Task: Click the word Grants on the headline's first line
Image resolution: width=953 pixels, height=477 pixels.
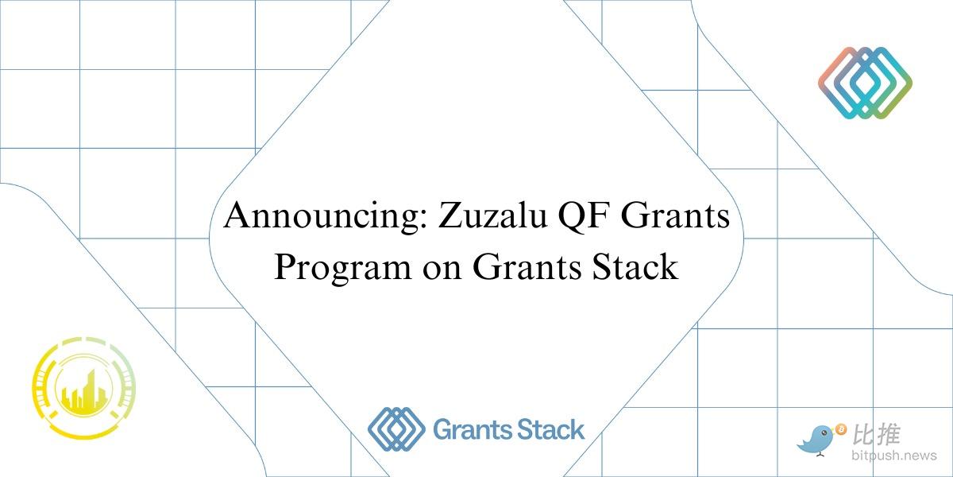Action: click(676, 215)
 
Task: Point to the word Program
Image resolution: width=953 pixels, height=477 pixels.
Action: click(343, 269)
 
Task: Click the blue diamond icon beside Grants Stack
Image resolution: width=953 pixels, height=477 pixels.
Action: click(396, 429)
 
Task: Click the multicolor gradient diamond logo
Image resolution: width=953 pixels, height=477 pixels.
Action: click(865, 83)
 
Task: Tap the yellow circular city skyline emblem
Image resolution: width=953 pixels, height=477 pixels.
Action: click(84, 388)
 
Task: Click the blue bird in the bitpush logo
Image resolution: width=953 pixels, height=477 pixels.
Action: click(816, 441)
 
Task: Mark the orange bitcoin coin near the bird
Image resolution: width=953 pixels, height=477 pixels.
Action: click(841, 429)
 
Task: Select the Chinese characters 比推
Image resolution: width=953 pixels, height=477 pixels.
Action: click(877, 434)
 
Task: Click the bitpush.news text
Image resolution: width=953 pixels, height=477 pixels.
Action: click(894, 456)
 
